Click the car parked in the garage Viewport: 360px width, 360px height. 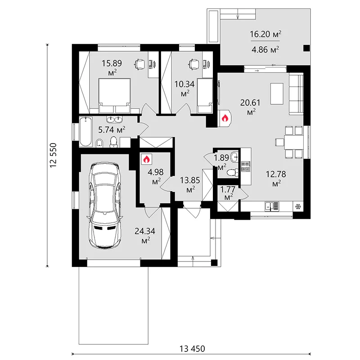click(x=106, y=206)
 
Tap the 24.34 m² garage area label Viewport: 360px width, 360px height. click(x=145, y=235)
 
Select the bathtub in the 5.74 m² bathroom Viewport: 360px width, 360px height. click(x=85, y=131)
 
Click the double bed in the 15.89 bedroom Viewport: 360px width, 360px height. click(x=114, y=95)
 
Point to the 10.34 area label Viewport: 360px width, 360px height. click(x=184, y=88)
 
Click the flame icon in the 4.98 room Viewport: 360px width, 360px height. click(x=147, y=159)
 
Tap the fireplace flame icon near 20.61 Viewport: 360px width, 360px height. click(x=225, y=118)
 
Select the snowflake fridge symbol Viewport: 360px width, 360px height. click(x=298, y=207)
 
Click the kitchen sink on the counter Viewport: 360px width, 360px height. click(x=272, y=206)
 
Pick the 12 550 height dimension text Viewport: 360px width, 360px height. click(x=53, y=155)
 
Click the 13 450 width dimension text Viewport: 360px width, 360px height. click(x=192, y=349)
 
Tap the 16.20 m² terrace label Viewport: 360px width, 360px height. click(x=265, y=34)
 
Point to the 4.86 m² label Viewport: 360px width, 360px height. click(x=265, y=49)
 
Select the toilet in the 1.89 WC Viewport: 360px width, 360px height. click(x=233, y=172)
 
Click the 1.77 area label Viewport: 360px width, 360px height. click(x=228, y=193)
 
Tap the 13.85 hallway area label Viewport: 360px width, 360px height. click(x=190, y=184)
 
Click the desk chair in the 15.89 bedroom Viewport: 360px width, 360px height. click(x=139, y=64)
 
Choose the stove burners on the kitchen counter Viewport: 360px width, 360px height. click(x=245, y=167)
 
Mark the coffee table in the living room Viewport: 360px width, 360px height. click(x=277, y=94)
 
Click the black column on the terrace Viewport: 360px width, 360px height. click(x=306, y=48)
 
